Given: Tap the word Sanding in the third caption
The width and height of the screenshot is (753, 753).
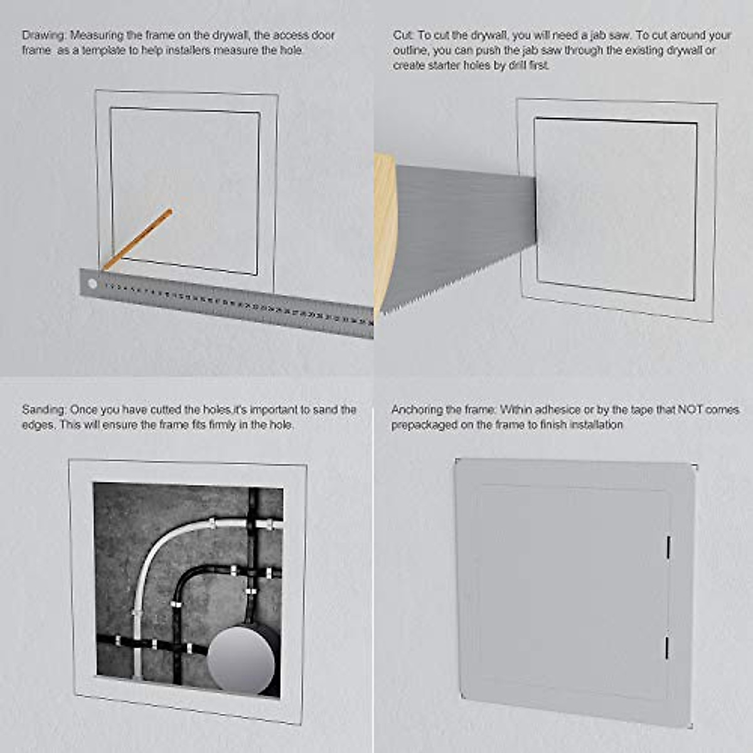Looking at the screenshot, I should click(x=43, y=410).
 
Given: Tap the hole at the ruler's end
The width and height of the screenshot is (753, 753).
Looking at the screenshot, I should click(x=92, y=284).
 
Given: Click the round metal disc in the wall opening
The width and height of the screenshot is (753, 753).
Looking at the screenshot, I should click(x=242, y=660).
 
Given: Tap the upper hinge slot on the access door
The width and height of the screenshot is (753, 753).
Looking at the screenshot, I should click(x=668, y=547).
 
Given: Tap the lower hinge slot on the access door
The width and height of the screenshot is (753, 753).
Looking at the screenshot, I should click(x=666, y=648).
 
